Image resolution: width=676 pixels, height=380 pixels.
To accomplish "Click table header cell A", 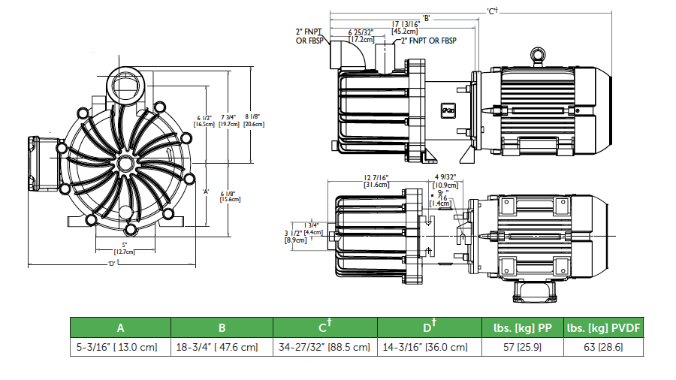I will pyautogui.click(x=120, y=327).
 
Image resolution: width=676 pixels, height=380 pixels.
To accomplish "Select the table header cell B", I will pyautogui.click(x=222, y=327).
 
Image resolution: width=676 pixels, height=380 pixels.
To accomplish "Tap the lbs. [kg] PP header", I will pyautogui.click(x=522, y=327).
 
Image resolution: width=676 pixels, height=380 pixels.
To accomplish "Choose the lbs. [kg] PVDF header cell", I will pyautogui.click(x=605, y=327).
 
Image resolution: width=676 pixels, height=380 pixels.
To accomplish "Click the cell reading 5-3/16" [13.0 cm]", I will pyautogui.click(x=120, y=347).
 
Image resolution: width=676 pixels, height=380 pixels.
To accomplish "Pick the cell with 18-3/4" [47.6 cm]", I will pyautogui.click(x=222, y=347).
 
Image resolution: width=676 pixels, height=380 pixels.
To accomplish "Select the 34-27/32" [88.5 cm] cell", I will pyautogui.click(x=324, y=347).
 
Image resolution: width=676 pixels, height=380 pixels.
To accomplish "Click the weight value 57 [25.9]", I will pyautogui.click(x=522, y=347).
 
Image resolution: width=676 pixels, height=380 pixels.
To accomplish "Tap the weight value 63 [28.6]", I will pyautogui.click(x=605, y=347).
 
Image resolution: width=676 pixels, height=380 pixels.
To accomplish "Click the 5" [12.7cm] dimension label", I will pyautogui.click(x=125, y=248).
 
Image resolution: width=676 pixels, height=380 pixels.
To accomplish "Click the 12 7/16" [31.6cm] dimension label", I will pyautogui.click(x=376, y=181).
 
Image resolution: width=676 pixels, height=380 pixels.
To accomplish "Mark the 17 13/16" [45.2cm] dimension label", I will pyautogui.click(x=406, y=28).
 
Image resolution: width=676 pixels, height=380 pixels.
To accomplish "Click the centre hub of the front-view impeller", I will pyautogui.click(x=125, y=164).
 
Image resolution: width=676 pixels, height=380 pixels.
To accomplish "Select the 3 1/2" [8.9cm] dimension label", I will pyautogui.click(x=294, y=237).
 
